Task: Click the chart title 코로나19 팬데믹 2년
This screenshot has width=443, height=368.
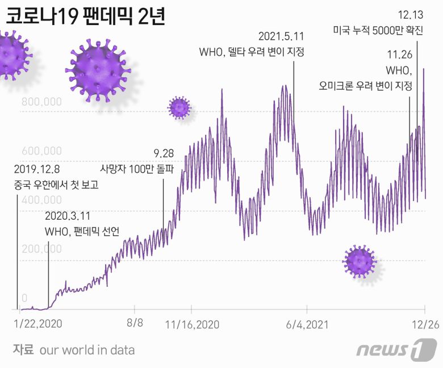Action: (85, 16)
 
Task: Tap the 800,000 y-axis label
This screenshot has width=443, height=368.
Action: (41, 102)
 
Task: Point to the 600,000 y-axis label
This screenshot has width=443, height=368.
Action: (41, 151)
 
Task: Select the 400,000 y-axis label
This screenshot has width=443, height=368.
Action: (41, 200)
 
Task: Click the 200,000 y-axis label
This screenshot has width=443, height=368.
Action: (41, 249)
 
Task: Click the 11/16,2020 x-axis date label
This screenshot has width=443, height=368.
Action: (192, 324)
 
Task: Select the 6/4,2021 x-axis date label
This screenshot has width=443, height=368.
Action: (307, 324)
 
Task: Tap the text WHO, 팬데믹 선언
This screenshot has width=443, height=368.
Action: (85, 232)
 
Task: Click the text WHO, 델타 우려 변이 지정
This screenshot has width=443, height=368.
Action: (252, 52)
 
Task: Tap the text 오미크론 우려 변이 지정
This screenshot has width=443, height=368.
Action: (371, 86)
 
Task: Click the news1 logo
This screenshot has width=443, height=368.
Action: (397, 349)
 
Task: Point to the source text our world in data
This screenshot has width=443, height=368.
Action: (87, 349)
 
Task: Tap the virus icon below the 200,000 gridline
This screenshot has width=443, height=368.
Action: (360, 261)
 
